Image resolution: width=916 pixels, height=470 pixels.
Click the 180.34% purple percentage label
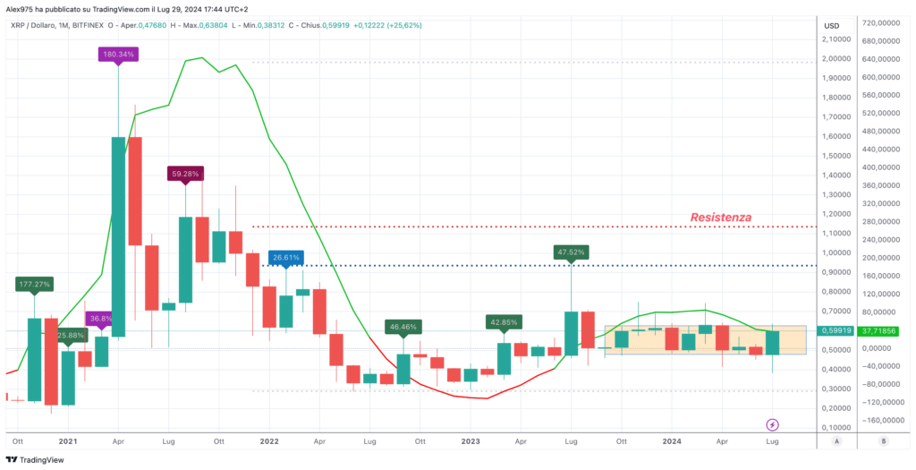click(119, 54)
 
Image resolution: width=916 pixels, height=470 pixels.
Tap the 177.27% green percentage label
click(35, 284)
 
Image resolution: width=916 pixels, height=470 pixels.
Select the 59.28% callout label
click(186, 173)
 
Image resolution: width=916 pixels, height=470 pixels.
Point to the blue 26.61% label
click(286, 257)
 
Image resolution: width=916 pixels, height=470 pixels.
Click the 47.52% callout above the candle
click(570, 252)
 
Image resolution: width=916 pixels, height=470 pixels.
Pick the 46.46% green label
click(403, 328)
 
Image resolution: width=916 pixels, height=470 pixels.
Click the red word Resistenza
click(720, 217)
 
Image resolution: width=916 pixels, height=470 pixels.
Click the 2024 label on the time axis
click(672, 441)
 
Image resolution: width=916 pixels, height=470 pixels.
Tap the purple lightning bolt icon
click(773, 423)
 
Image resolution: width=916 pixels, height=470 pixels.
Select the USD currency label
click(831, 25)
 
